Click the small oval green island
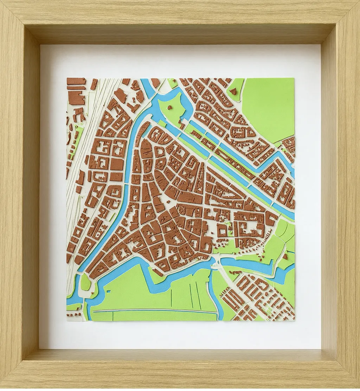85,282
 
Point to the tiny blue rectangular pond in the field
109,291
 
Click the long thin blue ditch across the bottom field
155,311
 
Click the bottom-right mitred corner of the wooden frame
346,377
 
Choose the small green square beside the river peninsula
161,123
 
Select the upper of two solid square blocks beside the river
117,164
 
